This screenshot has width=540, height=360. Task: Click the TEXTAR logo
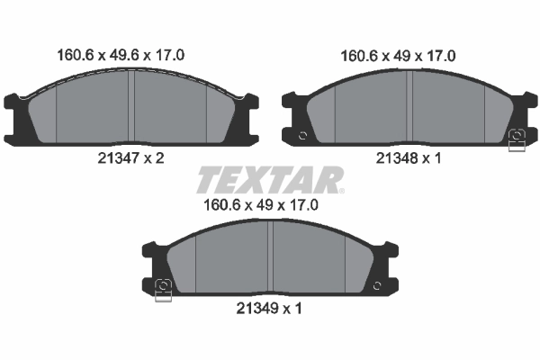point(270,180)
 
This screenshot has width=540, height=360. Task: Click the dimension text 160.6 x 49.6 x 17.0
point(121,55)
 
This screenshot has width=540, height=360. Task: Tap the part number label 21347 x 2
point(130,158)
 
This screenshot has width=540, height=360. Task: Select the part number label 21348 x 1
point(409,158)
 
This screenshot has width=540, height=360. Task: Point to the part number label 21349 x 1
point(269,309)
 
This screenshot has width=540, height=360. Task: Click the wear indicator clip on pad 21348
point(517,140)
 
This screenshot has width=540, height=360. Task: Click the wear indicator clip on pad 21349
point(163,290)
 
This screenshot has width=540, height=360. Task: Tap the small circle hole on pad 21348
point(302,136)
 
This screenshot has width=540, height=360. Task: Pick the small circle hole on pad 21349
point(377,285)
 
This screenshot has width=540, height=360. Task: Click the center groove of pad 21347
point(131,106)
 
